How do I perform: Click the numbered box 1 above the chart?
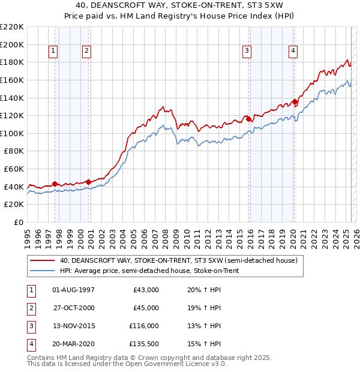click(53, 52)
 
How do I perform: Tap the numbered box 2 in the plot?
click(87, 52)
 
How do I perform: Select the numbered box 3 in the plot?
click(247, 52)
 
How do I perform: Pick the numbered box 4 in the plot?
click(293, 52)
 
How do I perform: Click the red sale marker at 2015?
click(248, 119)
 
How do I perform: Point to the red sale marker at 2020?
click(295, 101)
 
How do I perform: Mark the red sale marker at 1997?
click(55, 184)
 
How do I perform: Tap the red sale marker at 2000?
click(88, 182)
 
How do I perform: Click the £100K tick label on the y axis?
click(12, 133)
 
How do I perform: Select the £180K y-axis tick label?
click(12, 62)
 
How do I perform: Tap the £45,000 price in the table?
click(146, 308)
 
